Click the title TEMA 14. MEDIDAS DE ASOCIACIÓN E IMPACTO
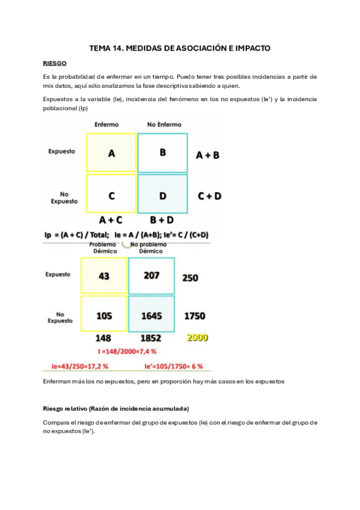coord(180,48)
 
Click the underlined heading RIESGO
coord(55,63)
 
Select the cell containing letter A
coord(111,153)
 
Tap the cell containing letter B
coord(162,152)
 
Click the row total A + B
coord(208,155)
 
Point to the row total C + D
coord(210,196)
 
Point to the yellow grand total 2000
coord(197,337)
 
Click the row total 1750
coord(195,315)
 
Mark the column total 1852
coord(150,338)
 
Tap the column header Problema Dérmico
coord(103,248)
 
